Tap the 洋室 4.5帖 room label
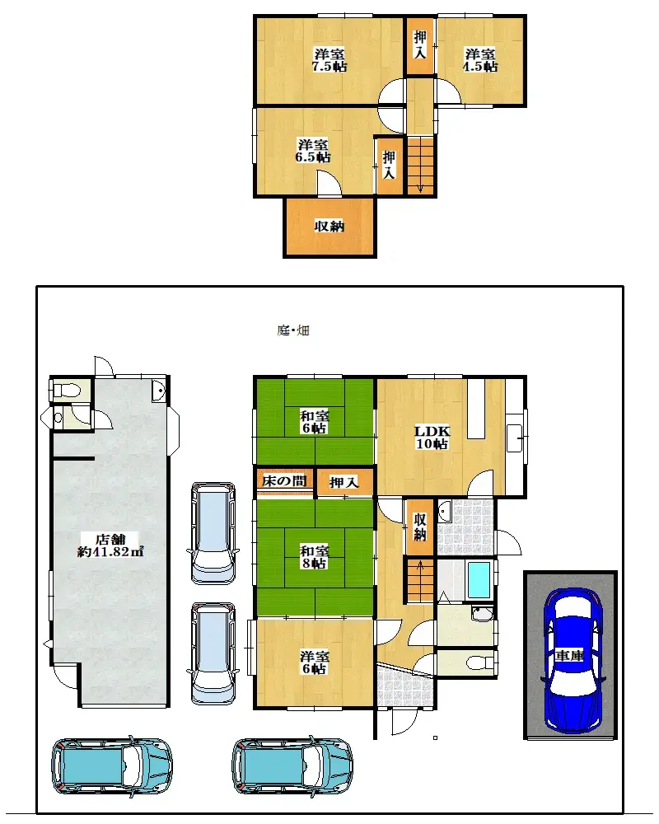click(479, 60)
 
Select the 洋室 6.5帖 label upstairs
click(314, 149)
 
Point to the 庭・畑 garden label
click(292, 331)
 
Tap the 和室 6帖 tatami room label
click(314, 422)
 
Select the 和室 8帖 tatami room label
click(314, 557)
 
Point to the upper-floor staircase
click(422, 165)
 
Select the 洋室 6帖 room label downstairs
click(314, 662)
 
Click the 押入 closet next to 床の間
click(343, 483)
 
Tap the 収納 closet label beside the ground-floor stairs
click(419, 527)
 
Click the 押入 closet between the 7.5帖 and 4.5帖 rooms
click(420, 44)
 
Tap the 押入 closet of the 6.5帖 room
click(389, 165)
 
